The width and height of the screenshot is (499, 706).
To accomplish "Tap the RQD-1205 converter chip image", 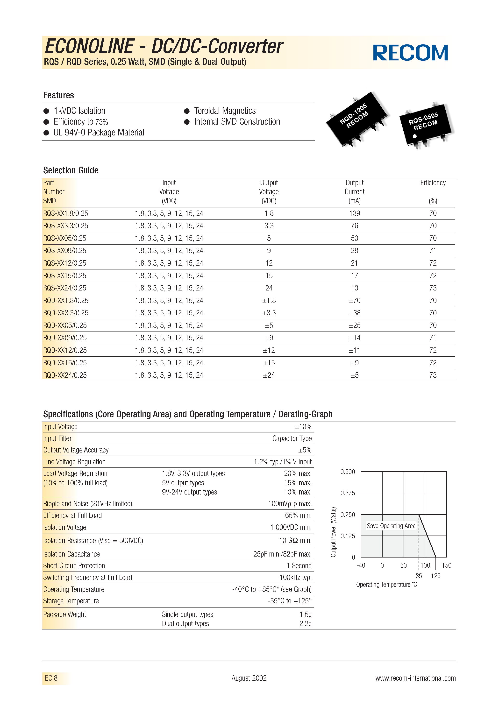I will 357,119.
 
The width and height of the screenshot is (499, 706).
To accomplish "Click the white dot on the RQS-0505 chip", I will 414,136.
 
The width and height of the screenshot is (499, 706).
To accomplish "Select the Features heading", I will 58,95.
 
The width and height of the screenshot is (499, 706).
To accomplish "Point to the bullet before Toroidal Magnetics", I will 186,111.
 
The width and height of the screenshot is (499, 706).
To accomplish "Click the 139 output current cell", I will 354,213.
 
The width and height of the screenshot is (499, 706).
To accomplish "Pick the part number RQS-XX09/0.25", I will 64,251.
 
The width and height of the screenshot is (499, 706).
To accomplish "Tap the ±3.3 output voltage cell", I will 269,313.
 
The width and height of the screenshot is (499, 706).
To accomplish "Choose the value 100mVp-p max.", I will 290,504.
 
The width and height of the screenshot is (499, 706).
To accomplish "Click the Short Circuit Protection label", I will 74,566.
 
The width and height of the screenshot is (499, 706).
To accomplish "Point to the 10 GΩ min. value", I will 295,541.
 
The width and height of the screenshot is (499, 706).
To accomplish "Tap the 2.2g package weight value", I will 305,624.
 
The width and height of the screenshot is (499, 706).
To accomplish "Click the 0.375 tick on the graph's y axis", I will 347,493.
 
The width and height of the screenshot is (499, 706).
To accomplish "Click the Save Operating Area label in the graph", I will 391,526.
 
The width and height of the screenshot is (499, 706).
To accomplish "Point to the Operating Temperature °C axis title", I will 386,585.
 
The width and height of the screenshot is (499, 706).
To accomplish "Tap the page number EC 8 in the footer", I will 51,678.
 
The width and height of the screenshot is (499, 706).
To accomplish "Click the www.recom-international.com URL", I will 415,678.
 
